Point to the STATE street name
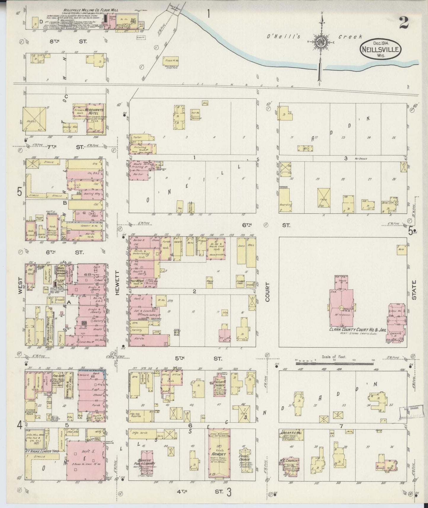pos(414,290)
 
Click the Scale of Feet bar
pos(335,362)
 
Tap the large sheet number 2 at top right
pos(404,23)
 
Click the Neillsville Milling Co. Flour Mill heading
pos(90,10)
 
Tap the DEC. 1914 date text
pos(380,43)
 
